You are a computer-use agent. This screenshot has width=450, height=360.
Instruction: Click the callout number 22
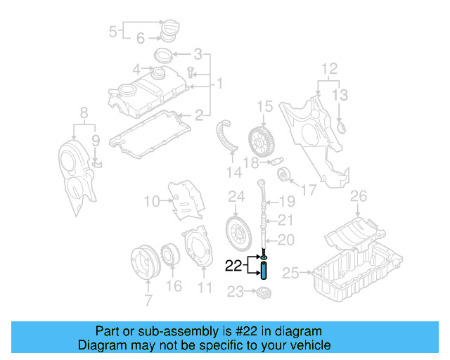coord(232,266)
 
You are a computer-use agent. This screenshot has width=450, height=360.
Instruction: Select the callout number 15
coord(264,107)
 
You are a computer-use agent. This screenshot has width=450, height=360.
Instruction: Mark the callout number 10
coord(152,202)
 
